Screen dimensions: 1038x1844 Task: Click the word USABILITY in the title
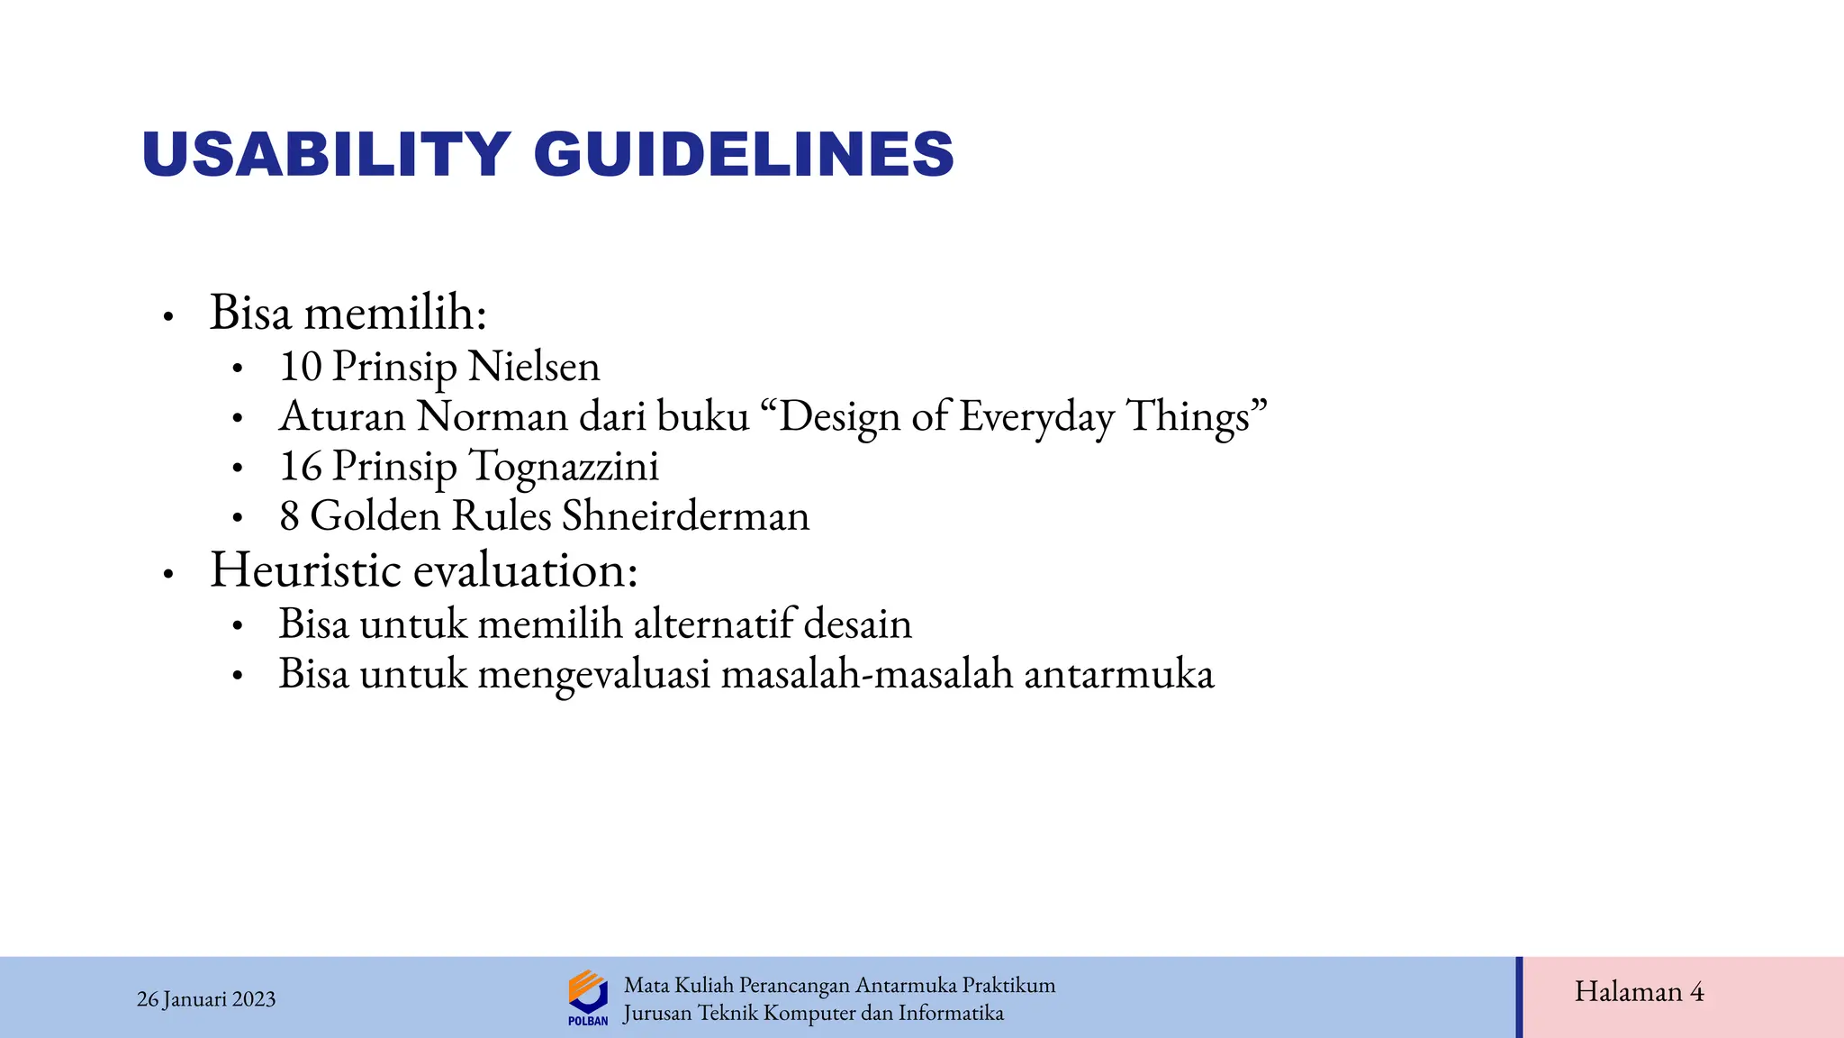point(326,154)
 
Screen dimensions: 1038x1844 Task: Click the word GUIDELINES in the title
point(744,154)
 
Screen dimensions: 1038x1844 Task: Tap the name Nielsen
point(534,367)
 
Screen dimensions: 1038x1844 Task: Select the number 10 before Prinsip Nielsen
point(300,367)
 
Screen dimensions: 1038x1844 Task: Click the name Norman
point(492,416)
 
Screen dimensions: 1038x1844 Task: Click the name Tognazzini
point(565,467)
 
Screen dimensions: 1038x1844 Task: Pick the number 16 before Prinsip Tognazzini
point(300,467)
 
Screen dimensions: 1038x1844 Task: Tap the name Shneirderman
point(685,516)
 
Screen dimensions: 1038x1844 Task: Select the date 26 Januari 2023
point(206,999)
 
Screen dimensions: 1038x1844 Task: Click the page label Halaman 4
point(1639,992)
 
